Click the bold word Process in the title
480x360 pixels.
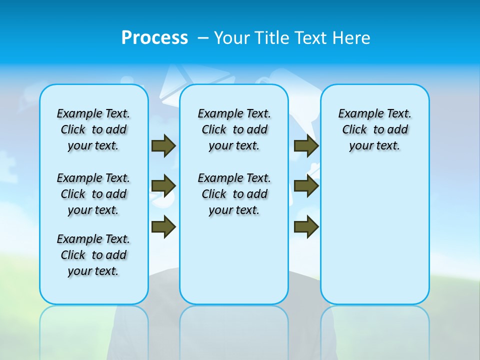[x=154, y=38]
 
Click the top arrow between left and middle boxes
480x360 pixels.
[x=163, y=145]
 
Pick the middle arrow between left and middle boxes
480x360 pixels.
[x=163, y=186]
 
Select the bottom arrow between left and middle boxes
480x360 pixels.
[x=163, y=226]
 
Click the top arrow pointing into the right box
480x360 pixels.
[x=306, y=145]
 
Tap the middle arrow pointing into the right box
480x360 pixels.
[x=306, y=186]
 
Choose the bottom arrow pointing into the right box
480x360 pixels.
[x=306, y=226]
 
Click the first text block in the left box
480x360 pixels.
[x=93, y=129]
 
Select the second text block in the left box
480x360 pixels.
[x=93, y=194]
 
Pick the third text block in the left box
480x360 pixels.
[x=93, y=255]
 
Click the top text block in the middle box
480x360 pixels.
[x=234, y=129]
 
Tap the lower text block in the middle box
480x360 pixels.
[x=234, y=194]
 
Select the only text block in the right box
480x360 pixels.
[x=375, y=129]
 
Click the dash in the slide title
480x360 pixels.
[x=202, y=38]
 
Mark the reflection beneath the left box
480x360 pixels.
[x=94, y=325]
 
